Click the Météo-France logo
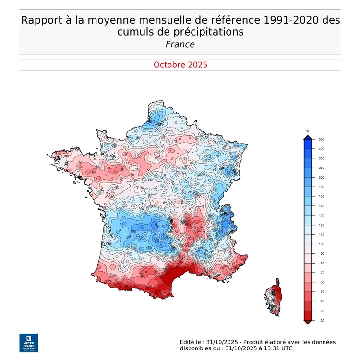click(x=28, y=342)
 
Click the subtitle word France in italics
click(x=180, y=44)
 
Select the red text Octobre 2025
click(x=180, y=65)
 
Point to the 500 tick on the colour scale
click(x=322, y=139)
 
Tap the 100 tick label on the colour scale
click(x=322, y=244)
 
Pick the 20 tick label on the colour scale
click(x=321, y=320)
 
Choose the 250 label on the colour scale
click(x=322, y=168)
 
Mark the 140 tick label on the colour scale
click(x=322, y=206)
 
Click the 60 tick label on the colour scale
click(x=321, y=282)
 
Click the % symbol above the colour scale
click(x=308, y=131)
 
